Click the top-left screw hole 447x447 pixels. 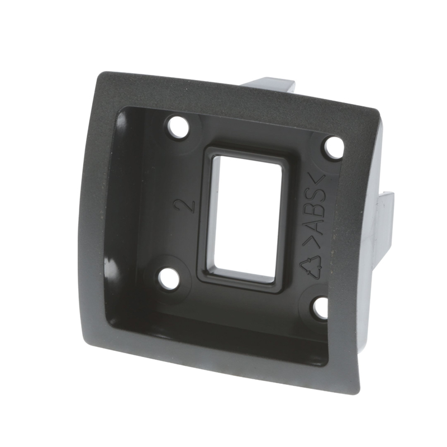(x=179, y=127)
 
